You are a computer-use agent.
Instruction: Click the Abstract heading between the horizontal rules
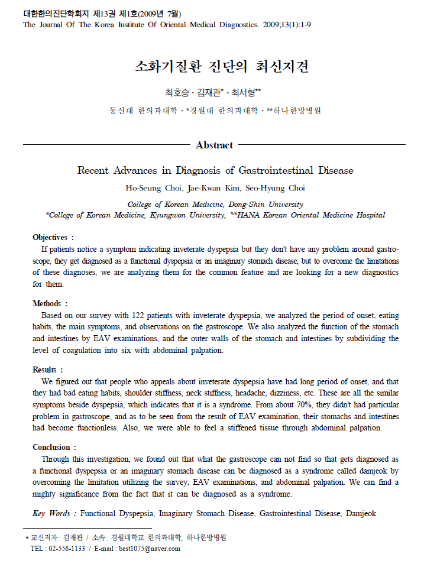click(214, 145)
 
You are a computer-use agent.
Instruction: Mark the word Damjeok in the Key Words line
click(361, 514)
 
